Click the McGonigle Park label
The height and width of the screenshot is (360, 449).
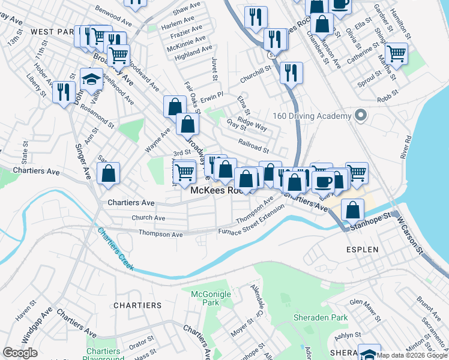coord(205,298)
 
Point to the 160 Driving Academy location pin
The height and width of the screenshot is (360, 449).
coord(360,115)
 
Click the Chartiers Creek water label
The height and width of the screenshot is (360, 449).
coord(115,249)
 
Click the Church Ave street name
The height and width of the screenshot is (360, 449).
coord(148,218)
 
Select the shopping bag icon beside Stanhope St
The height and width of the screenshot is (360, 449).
coord(353,210)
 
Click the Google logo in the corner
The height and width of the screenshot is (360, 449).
coord(20,353)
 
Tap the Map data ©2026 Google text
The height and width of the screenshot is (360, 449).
coord(412,355)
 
